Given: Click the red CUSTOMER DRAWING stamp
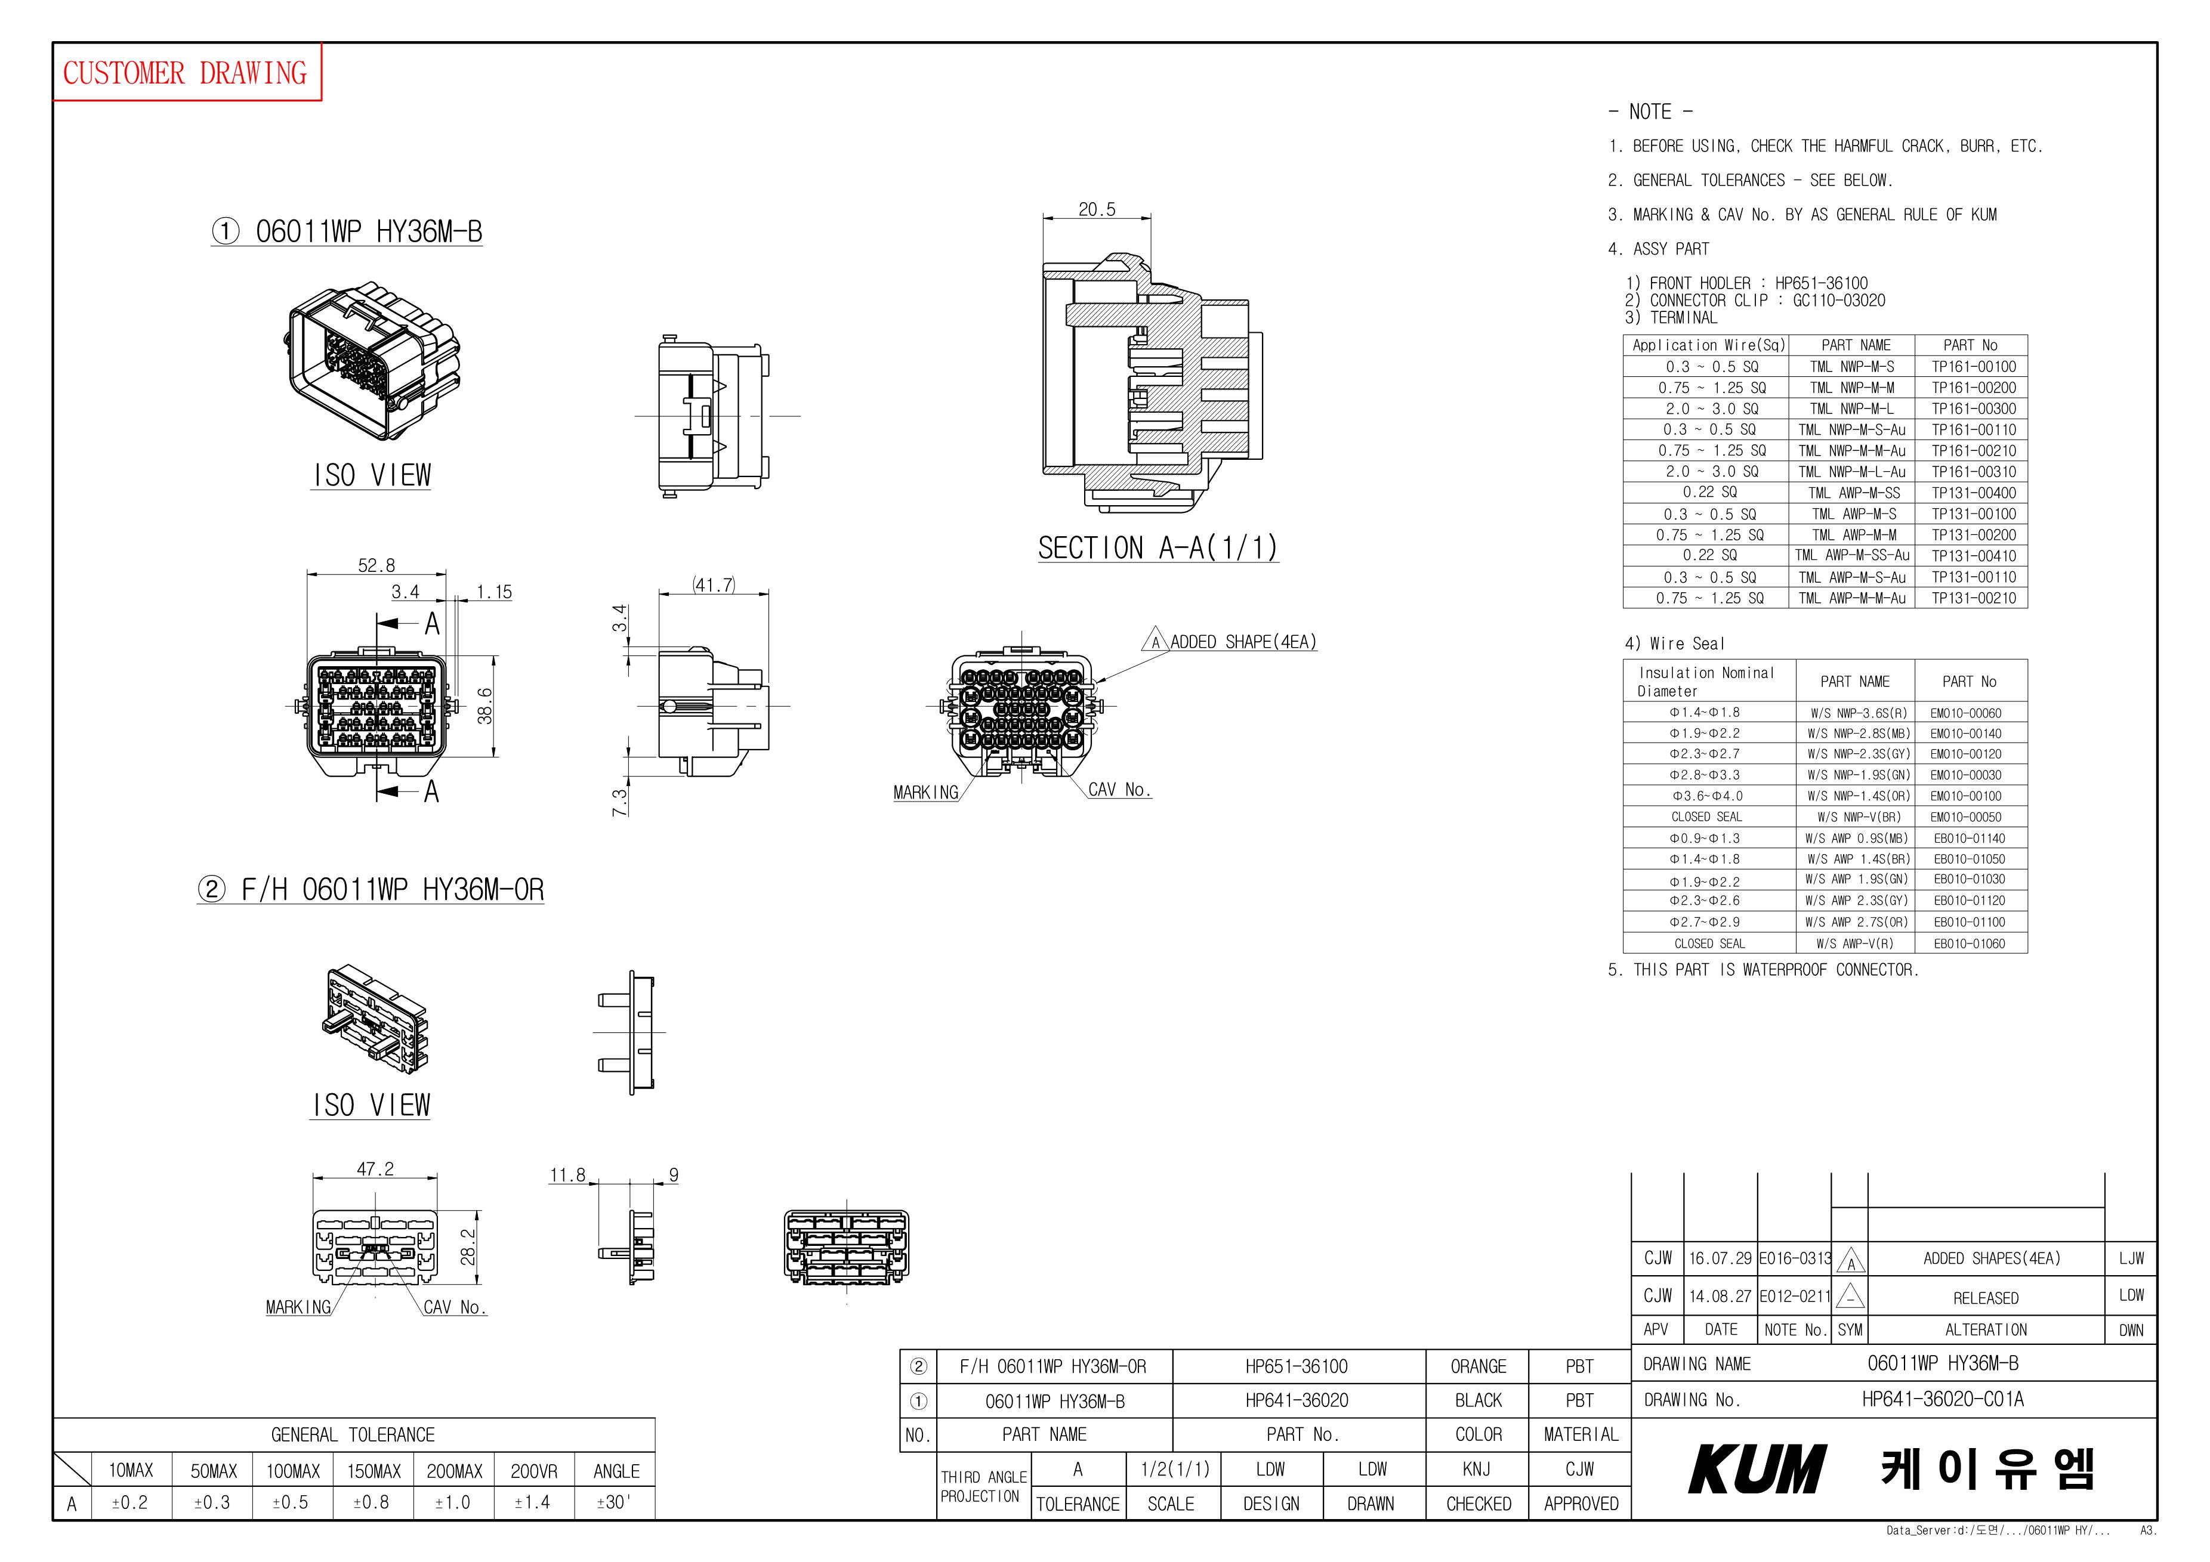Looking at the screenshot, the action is point(186,72).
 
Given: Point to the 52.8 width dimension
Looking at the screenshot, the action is point(376,565).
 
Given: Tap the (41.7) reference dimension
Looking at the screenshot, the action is point(713,584).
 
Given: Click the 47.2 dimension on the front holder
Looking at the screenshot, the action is point(375,1168).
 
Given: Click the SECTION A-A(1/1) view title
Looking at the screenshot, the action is point(1158,547).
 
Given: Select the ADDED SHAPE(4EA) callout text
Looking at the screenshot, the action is point(1243,641).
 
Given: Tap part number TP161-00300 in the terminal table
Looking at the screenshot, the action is point(1973,408).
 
